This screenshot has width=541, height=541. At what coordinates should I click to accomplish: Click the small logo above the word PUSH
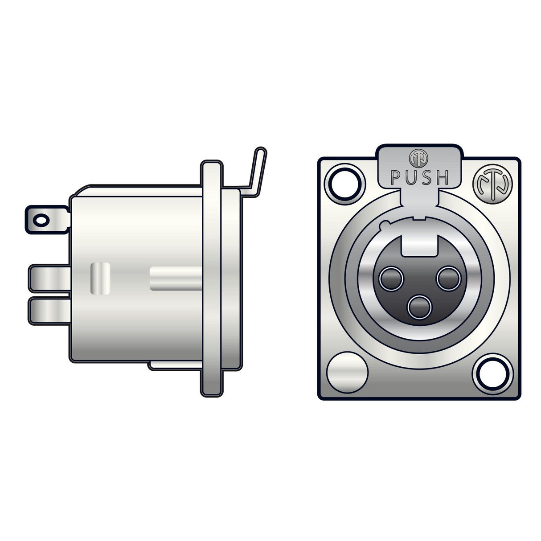416,157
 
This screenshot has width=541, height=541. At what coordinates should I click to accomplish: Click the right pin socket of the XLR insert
448,279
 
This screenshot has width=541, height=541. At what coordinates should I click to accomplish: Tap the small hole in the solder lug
41,220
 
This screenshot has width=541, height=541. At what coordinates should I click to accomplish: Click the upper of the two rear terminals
49,279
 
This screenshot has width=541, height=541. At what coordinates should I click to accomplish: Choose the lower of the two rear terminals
49,311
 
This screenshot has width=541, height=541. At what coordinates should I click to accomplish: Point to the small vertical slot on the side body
100,279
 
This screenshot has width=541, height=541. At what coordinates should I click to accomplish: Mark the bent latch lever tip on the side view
260,154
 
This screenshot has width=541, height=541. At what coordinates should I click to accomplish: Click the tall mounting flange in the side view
211,279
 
